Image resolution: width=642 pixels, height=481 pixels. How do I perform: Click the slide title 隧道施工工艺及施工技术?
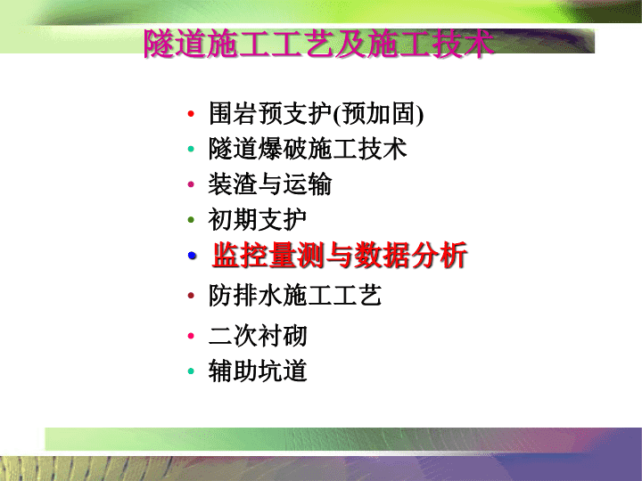(318, 44)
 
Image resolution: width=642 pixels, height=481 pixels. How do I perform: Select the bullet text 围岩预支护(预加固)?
(316, 113)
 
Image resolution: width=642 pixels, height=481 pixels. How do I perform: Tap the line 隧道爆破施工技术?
(308, 149)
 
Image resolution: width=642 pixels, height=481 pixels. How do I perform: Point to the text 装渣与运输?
(270, 184)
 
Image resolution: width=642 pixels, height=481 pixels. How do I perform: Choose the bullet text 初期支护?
(258, 220)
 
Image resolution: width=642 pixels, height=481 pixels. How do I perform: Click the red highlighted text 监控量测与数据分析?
(340, 256)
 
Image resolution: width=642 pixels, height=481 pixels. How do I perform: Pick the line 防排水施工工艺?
(295, 296)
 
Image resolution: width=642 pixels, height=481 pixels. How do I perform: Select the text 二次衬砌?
(258, 336)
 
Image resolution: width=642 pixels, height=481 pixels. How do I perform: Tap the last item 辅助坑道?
(258, 371)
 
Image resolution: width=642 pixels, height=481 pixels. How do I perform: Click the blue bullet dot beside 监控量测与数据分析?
(192, 256)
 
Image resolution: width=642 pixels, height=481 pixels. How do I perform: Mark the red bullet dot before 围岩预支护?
(191, 114)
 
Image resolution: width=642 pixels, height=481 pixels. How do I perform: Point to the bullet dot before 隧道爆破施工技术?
(191, 149)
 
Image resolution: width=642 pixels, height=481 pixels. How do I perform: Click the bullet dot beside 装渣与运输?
(191, 184)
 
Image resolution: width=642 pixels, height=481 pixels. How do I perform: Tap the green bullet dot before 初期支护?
(191, 220)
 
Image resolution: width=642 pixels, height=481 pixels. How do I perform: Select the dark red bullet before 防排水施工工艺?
(191, 296)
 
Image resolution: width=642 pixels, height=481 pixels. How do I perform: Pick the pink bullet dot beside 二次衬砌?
(191, 336)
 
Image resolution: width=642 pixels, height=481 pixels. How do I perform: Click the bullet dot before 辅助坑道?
(191, 371)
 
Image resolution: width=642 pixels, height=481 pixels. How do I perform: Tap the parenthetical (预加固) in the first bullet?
(378, 114)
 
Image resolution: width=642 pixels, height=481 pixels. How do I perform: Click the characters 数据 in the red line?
(382, 256)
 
